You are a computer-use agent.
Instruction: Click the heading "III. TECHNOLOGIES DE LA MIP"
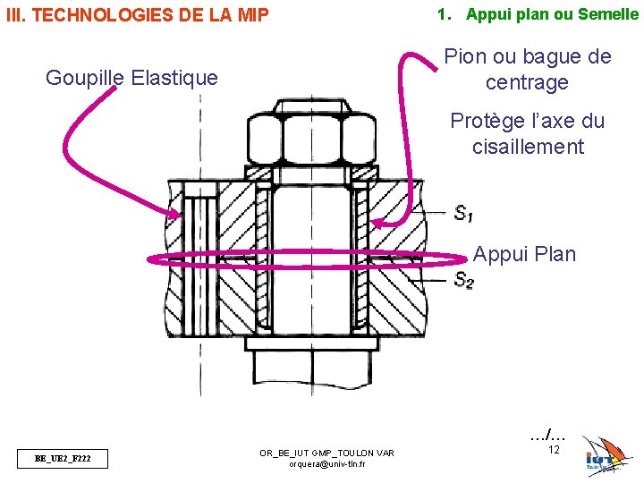[137, 14]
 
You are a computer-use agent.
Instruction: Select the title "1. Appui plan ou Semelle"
[537, 14]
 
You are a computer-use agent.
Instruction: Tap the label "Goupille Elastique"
[131, 78]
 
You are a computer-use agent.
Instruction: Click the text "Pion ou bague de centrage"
[528, 70]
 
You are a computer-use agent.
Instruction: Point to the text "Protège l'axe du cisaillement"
[528, 134]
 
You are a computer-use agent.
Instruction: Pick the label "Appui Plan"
[524, 255]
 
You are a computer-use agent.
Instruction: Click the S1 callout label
[463, 214]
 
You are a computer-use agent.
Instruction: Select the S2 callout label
[463, 281]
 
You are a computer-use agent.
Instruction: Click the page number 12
[554, 450]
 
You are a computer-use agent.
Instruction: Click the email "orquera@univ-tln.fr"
[326, 464]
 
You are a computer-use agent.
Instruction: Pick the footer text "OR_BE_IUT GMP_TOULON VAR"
[326, 453]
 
